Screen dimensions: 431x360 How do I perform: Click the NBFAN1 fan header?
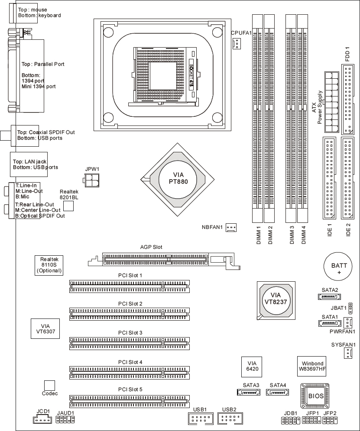click(230, 227)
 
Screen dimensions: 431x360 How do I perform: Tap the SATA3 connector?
click(248, 393)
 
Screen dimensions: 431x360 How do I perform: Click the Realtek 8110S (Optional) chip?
click(49, 264)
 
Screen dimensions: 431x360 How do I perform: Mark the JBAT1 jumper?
click(350, 308)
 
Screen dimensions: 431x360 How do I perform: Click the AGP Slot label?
click(151, 247)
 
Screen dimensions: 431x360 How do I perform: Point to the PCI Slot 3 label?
click(130, 332)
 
